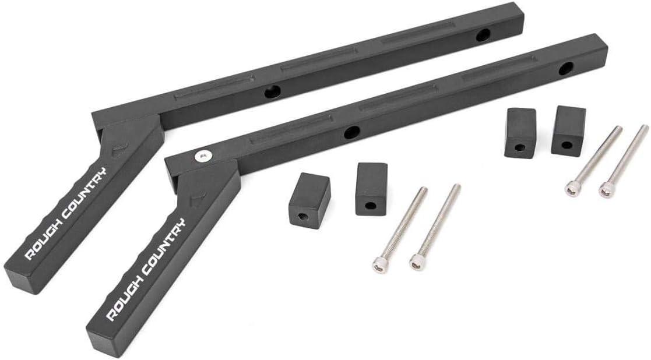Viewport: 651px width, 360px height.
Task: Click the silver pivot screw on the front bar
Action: (x=203, y=156)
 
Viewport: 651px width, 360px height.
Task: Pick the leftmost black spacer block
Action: (x=309, y=200)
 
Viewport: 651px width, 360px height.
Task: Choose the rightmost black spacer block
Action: (x=568, y=131)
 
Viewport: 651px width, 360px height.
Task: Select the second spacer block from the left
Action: (x=371, y=189)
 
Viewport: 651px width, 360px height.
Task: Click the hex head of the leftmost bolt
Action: (x=380, y=265)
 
